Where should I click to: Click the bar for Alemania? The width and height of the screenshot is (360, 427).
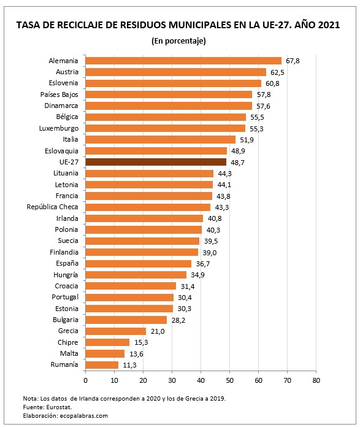[183, 61]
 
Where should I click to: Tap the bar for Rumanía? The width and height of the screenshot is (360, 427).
[102, 364]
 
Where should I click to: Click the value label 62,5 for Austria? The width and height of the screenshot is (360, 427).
[277, 72]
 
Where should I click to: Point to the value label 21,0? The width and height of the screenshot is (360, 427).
[156, 331]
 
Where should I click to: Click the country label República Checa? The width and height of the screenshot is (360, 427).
[53, 207]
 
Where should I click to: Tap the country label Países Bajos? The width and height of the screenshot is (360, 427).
[59, 94]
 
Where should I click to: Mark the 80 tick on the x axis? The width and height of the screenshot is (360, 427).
[315, 380]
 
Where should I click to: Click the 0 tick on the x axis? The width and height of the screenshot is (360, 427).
[85, 380]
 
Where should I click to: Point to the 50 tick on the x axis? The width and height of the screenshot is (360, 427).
[229, 380]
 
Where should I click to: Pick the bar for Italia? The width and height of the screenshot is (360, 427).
[160, 139]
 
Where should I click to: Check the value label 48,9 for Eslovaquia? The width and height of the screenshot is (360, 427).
[237, 151]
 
